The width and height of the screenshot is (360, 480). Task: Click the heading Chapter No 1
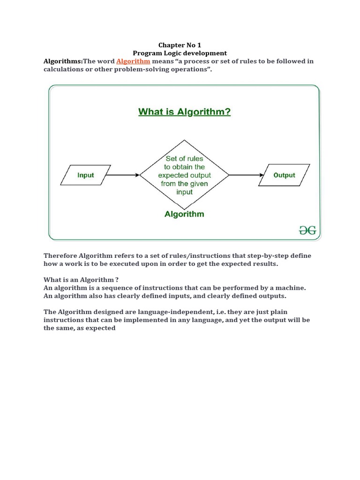(x=180, y=45)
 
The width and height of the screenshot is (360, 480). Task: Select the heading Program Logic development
(x=180, y=53)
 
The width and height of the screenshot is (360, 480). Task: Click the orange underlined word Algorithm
(x=133, y=61)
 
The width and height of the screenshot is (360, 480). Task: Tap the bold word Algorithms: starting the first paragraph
(x=63, y=61)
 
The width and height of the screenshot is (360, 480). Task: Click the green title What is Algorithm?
(x=184, y=112)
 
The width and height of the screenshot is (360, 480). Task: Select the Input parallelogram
(x=86, y=175)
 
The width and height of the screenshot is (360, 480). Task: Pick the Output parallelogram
(x=284, y=175)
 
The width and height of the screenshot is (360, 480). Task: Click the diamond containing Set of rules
(x=184, y=175)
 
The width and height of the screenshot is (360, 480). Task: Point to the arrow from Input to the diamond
(x=123, y=175)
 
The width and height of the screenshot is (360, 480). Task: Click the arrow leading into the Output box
(x=247, y=175)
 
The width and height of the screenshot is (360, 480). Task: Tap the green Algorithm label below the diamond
(x=184, y=214)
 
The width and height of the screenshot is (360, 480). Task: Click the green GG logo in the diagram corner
(x=307, y=230)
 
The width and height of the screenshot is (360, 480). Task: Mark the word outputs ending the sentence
(x=272, y=296)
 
